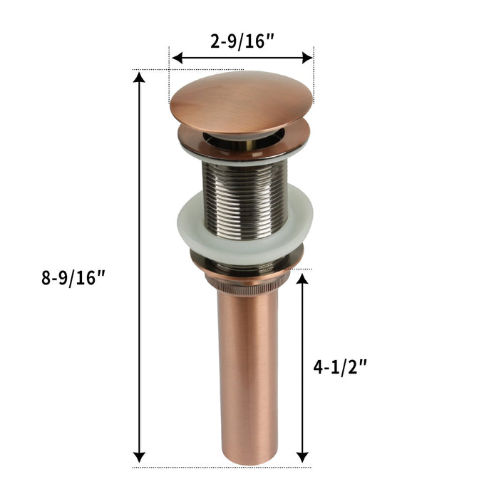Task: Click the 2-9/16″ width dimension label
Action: point(242,41)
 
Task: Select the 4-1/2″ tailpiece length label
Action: point(340,367)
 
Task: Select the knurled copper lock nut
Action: point(246,282)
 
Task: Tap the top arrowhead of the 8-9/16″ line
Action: point(140,78)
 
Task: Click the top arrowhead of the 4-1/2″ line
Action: point(303,279)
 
